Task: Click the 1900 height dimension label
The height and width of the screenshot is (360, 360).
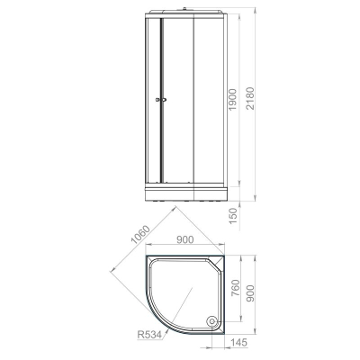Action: tap(233, 99)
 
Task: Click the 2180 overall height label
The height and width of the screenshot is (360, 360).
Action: tap(249, 98)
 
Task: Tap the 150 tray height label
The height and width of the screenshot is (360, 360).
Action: tap(233, 215)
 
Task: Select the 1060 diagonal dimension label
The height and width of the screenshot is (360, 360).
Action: tap(140, 234)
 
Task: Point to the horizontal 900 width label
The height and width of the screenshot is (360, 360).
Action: tap(184, 239)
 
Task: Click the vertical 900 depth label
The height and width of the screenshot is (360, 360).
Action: tap(250, 293)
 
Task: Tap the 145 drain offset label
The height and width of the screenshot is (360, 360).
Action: tap(239, 342)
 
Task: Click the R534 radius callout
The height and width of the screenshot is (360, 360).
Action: tap(149, 334)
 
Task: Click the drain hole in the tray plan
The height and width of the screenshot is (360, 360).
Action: tap(212, 321)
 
